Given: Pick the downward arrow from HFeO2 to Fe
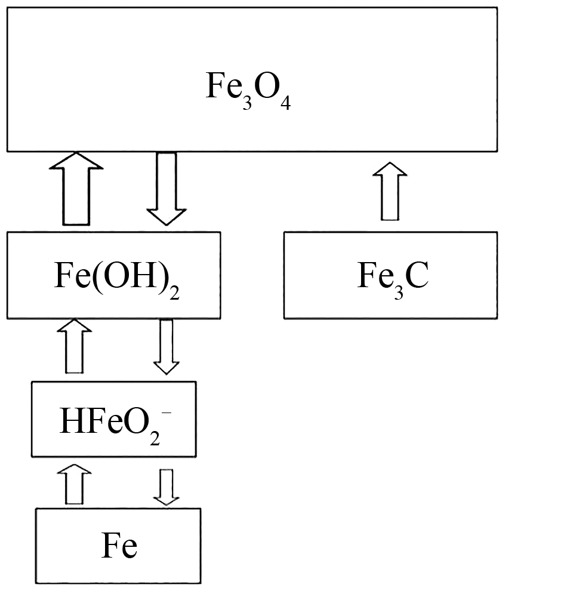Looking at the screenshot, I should click(x=166, y=485).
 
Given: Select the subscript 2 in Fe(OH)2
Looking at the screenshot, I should click(x=174, y=293).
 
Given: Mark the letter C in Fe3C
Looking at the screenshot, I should click(x=417, y=276).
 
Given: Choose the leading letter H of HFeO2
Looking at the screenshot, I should click(x=71, y=421).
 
